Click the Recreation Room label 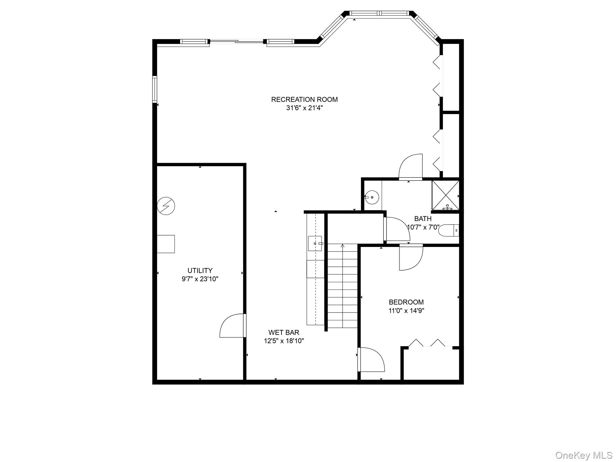[304, 100]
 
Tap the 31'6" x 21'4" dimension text [304, 108]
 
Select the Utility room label [200, 270]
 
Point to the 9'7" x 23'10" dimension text [200, 279]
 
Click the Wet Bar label [284, 332]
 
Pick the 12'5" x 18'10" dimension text [284, 341]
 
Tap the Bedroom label [406, 302]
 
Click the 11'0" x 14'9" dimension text [406, 310]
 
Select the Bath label [423, 219]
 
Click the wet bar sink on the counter [315, 243]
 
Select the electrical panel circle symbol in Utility [166, 206]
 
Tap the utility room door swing [232, 326]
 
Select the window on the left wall [155, 89]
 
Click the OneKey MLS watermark [584, 455]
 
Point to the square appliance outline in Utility [166, 244]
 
